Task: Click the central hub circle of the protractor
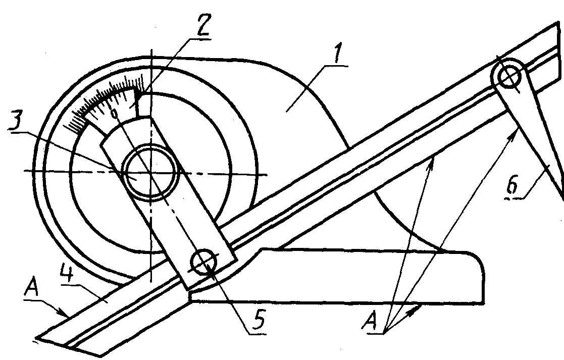coord(151,173)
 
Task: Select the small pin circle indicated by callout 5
coord(203,262)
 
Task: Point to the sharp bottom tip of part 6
coord(560,197)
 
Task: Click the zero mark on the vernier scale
coord(115,113)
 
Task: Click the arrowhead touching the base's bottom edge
coord(420,305)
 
